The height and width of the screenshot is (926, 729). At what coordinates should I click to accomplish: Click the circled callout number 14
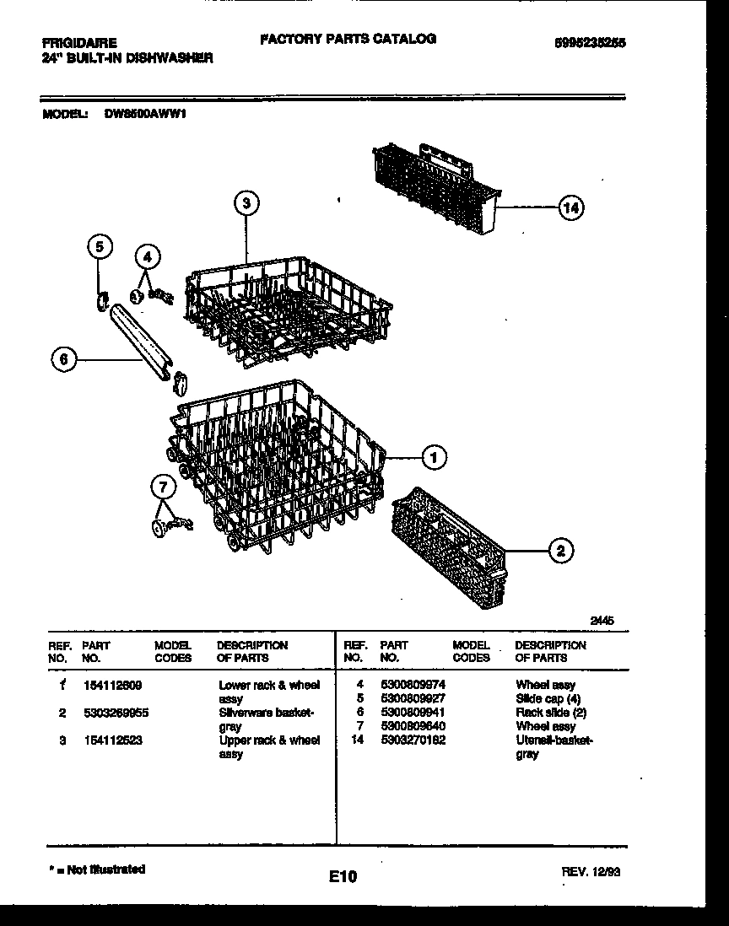coord(571,207)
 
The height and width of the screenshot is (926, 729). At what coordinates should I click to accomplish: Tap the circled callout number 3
coord(246,202)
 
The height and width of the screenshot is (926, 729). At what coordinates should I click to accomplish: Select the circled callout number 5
coord(100,246)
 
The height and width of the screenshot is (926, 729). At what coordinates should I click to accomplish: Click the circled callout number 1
coord(434,457)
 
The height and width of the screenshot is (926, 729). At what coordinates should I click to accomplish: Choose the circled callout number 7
coord(164,486)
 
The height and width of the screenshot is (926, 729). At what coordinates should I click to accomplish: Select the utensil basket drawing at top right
coord(435,190)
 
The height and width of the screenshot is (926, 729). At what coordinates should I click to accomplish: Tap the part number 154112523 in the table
coord(105,740)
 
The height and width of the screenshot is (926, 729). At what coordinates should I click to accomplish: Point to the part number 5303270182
coord(413,740)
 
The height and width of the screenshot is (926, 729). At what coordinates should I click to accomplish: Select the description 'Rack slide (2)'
coord(551,713)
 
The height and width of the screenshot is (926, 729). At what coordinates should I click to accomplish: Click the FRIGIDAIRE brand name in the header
coord(80,42)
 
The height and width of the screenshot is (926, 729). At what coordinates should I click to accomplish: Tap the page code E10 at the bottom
coord(343,878)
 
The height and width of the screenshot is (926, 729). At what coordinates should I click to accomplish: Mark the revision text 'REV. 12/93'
coord(591,873)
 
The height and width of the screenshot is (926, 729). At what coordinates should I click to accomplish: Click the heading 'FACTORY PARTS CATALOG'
coord(348,39)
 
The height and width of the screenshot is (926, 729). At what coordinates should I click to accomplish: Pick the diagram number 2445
coord(602,620)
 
